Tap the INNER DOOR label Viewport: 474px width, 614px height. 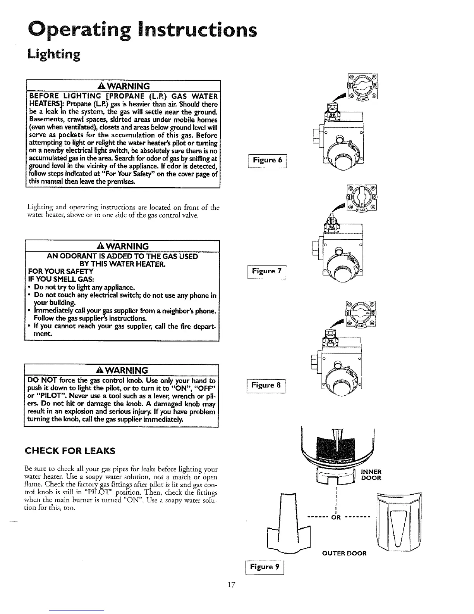click(x=371, y=475)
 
